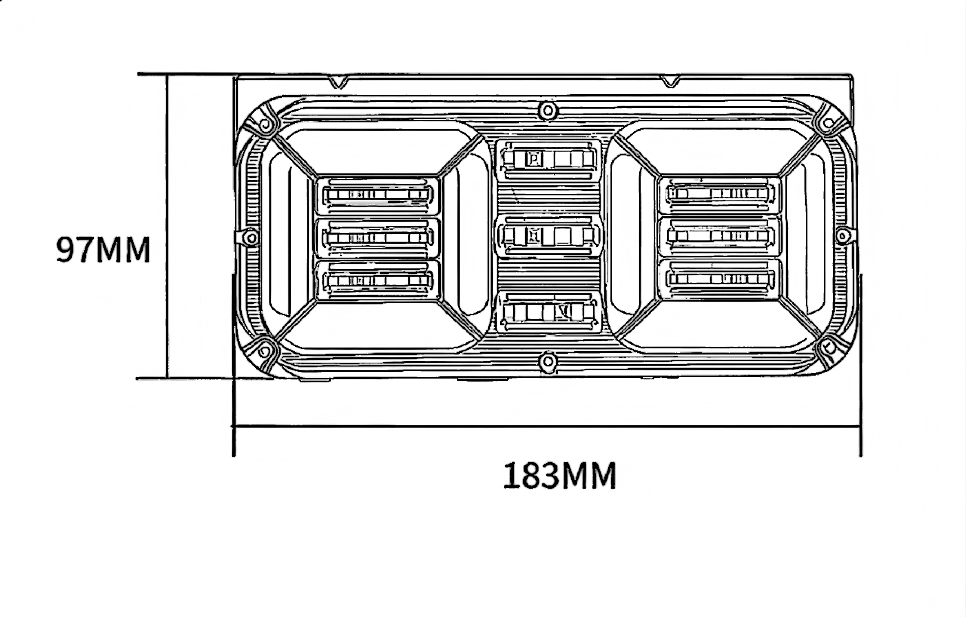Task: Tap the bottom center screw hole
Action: coord(548,362)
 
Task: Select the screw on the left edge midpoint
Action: coord(251,238)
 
